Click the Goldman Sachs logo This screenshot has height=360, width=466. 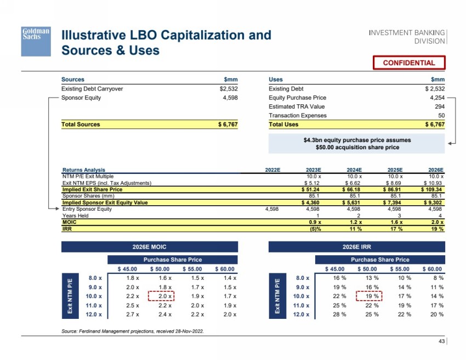click(36, 41)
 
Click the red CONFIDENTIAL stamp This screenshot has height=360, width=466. click(409, 63)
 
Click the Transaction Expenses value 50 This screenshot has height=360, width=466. click(441, 115)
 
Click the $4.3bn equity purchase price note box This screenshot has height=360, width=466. click(357, 144)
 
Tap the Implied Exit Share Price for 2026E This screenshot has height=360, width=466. click(431, 189)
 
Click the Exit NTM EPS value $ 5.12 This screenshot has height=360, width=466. click(312, 183)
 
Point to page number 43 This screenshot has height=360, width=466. click(441, 341)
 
